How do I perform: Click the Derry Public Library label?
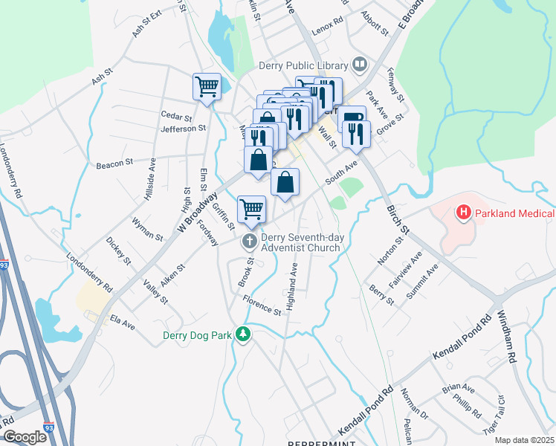(303, 65)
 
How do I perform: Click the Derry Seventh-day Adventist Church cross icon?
(250, 241)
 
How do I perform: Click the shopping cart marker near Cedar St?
(207, 85)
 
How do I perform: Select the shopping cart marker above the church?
(252, 209)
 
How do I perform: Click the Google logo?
(24, 437)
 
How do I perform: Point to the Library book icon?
(360, 65)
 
